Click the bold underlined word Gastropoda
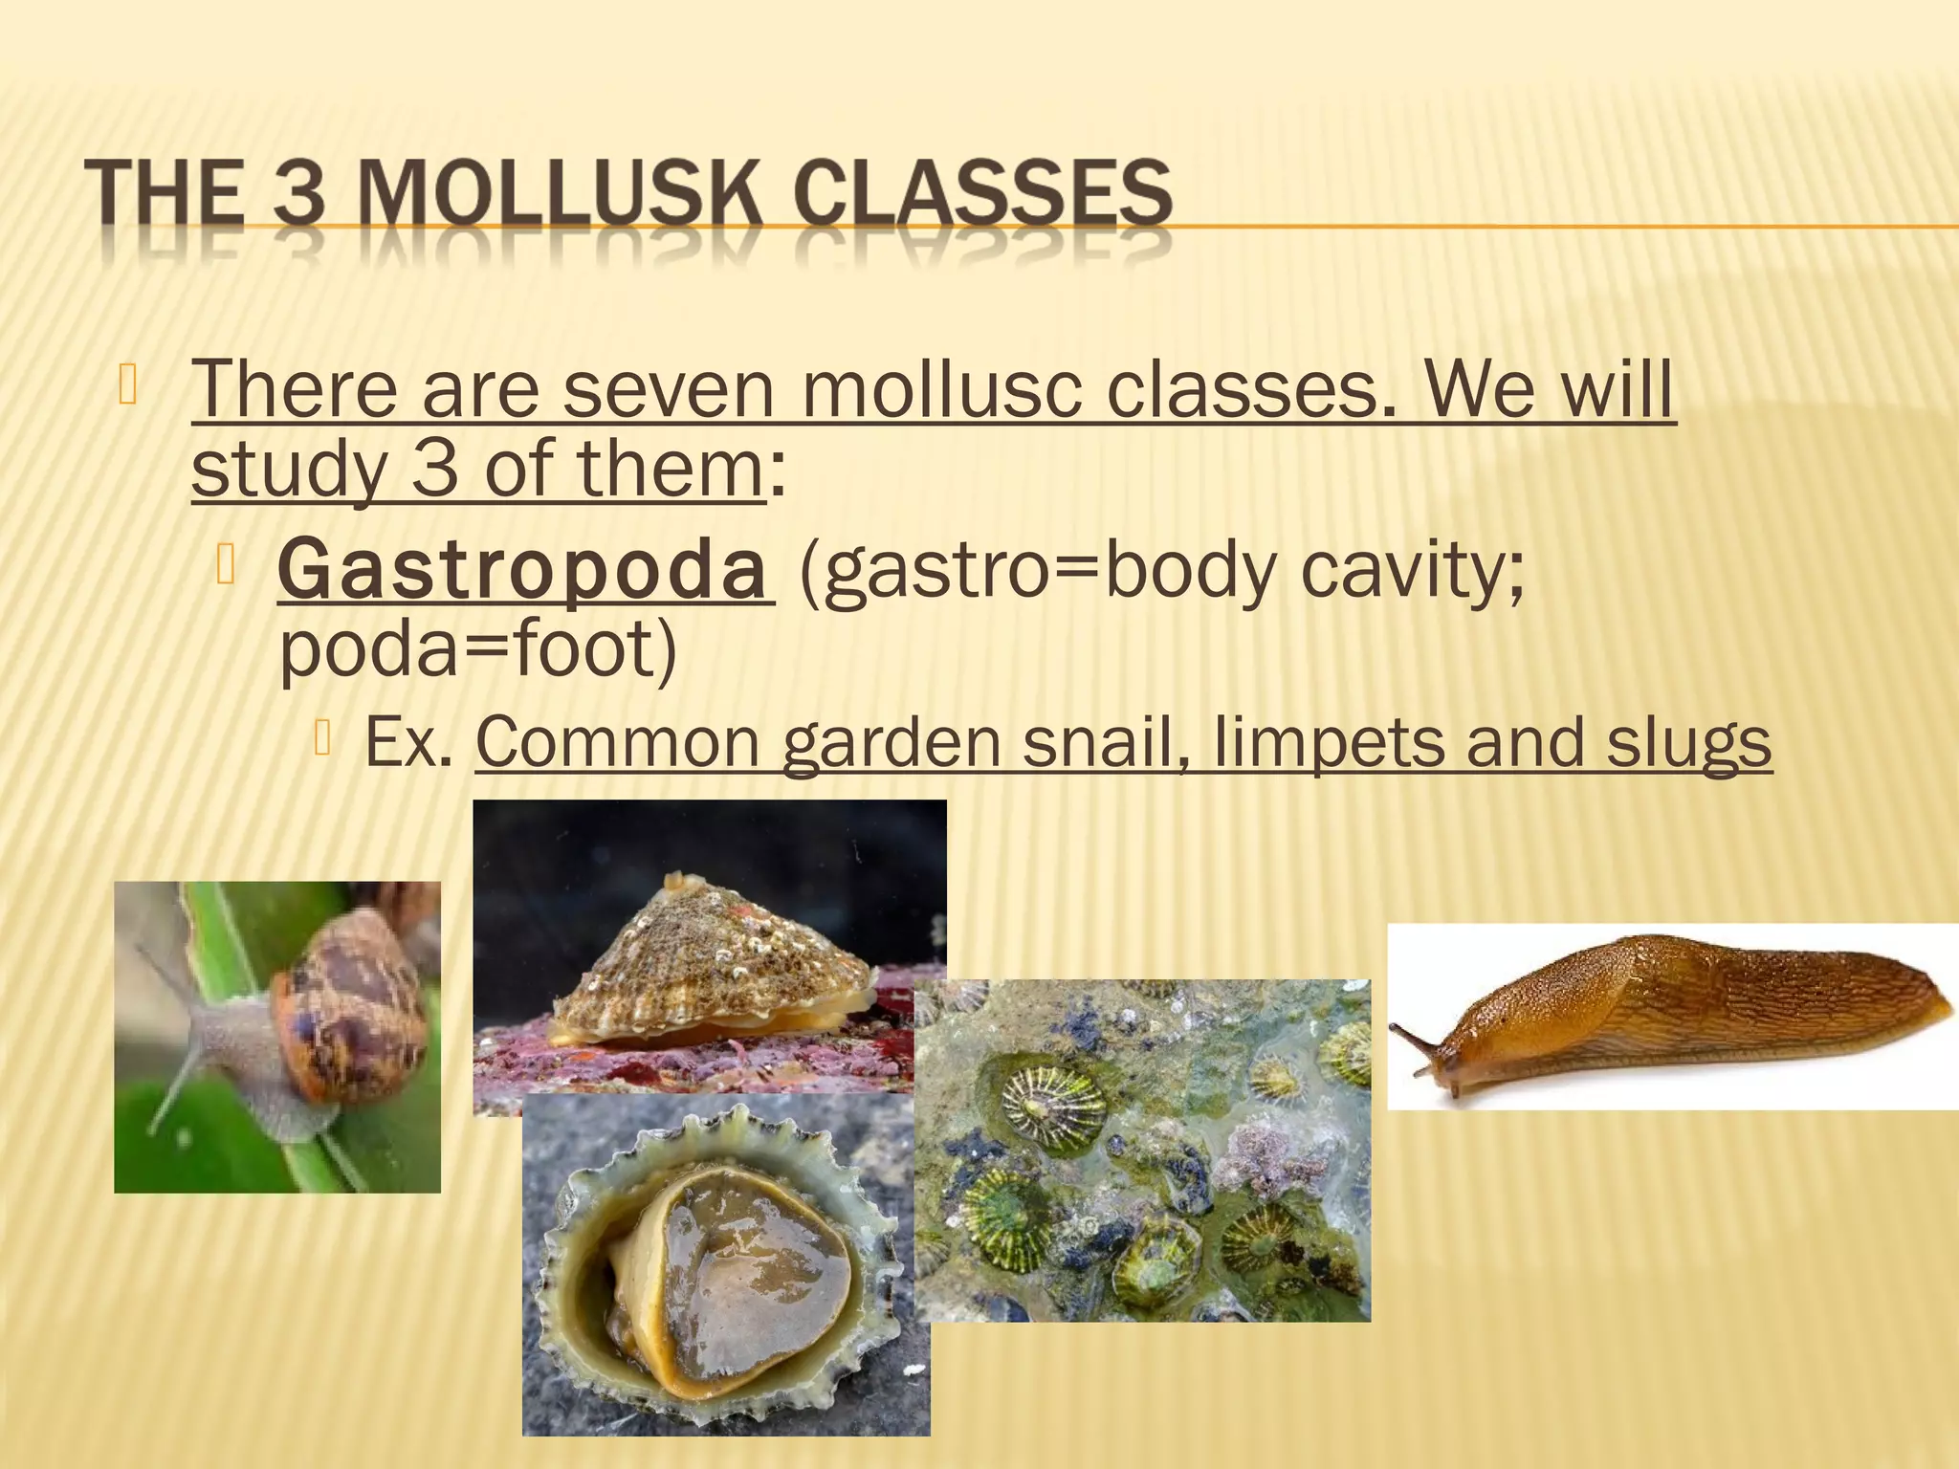coord(524,570)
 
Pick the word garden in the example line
coord(891,742)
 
